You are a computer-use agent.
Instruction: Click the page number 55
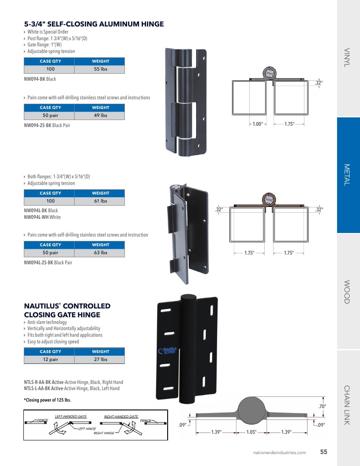coord(323,452)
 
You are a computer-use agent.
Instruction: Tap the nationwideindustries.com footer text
coord(280,453)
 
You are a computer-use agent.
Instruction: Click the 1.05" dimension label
coord(251,432)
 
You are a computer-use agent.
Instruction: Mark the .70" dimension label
coord(322,406)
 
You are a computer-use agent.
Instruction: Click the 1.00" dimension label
coord(258,124)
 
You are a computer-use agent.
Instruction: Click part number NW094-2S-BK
coord(37,125)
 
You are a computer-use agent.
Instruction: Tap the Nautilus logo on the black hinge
coord(168,350)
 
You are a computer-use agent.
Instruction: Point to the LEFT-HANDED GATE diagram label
coord(71,417)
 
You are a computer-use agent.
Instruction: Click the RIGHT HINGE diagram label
coord(104,433)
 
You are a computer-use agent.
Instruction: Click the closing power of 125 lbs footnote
coord(48,400)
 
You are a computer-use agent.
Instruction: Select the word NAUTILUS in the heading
coord(41,306)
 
